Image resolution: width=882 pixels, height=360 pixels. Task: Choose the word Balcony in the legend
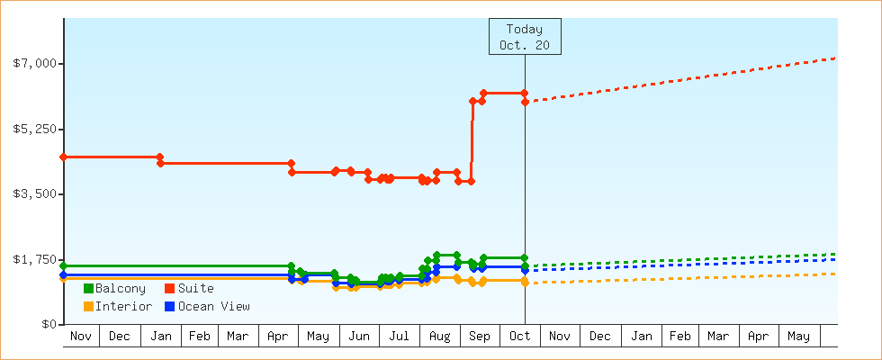pyautogui.click(x=120, y=288)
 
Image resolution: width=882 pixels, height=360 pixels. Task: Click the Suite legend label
pyautogui.click(x=195, y=288)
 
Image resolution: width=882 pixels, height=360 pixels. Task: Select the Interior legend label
pyautogui.click(x=123, y=306)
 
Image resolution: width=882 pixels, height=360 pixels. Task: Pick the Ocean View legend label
pyautogui.click(x=213, y=306)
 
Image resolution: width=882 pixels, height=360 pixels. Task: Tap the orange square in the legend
pyautogui.click(x=88, y=306)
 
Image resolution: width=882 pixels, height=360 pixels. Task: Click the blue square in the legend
pyautogui.click(x=169, y=306)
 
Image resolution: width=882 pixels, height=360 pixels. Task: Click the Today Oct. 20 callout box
pyautogui.click(x=525, y=37)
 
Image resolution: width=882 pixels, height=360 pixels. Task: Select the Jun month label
pyautogui.click(x=359, y=337)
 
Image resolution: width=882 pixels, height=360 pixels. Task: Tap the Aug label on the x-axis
pyautogui.click(x=439, y=337)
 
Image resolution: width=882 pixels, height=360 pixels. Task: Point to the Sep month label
pyautogui.click(x=480, y=337)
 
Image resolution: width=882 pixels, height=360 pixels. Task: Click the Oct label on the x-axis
pyautogui.click(x=519, y=337)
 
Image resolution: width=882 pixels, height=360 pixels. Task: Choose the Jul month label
pyautogui.click(x=399, y=337)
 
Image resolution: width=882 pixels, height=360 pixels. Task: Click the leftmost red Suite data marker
pyautogui.click(x=63, y=157)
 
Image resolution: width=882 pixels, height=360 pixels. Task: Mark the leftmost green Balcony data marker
pyautogui.click(x=63, y=265)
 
